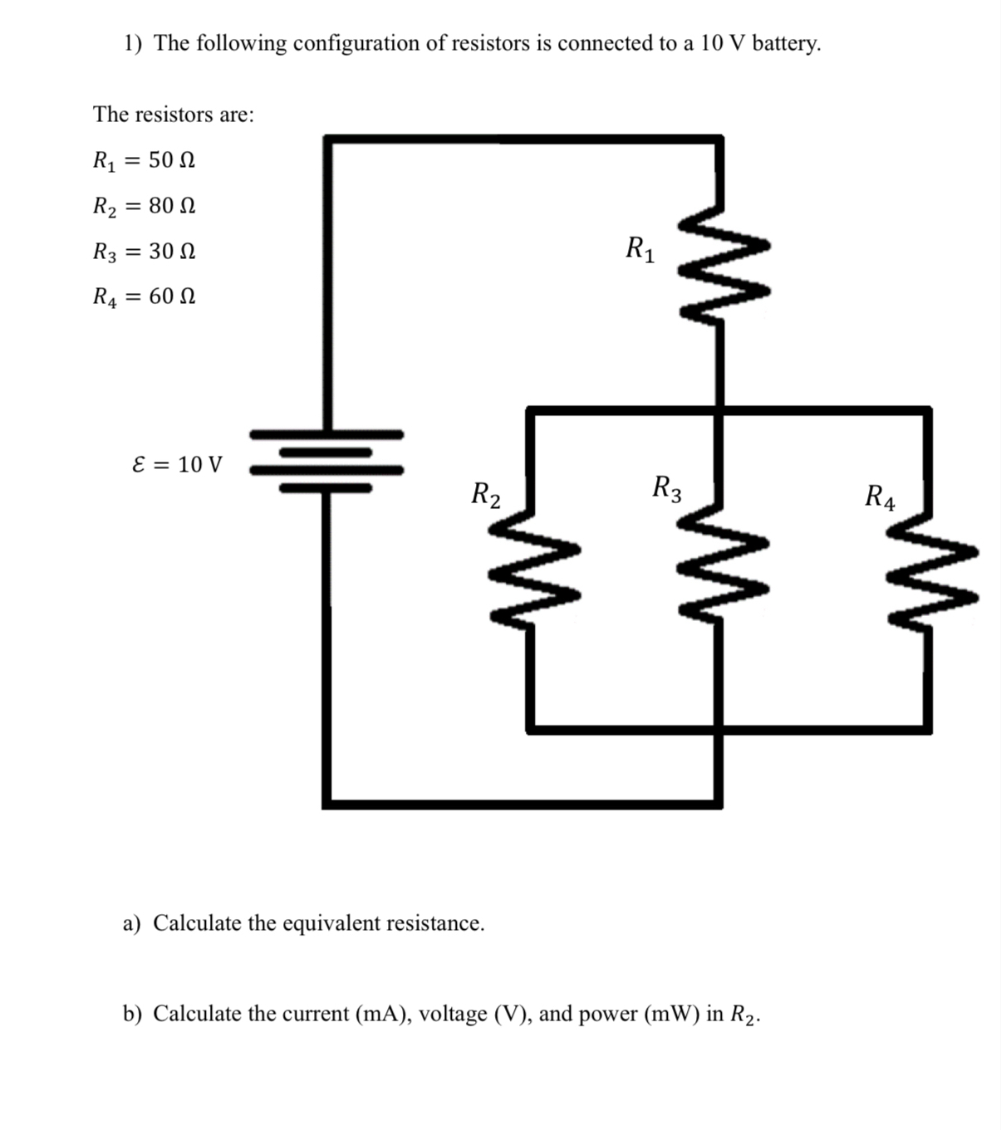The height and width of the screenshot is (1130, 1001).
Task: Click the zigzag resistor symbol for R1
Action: coord(721,266)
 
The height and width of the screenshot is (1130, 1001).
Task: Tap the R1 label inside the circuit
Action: coord(640,248)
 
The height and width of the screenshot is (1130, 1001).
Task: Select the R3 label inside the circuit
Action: coord(667,488)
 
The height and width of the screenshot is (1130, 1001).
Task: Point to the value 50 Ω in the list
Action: coord(172,159)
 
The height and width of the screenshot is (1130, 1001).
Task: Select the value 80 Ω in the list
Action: coord(172,205)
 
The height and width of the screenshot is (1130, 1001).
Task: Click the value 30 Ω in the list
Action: coord(172,251)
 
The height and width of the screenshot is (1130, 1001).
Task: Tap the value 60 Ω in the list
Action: coord(172,296)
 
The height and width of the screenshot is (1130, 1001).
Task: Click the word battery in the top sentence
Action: coord(786,43)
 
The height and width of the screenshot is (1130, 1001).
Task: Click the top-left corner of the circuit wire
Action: coord(328,139)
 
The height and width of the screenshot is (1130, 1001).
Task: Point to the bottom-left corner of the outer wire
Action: coord(328,803)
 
